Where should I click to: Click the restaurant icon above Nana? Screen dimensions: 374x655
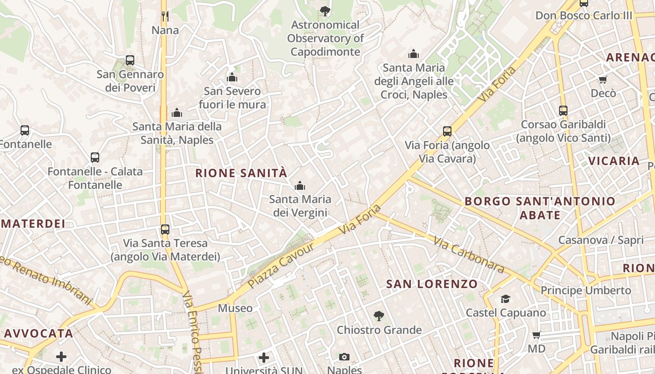[x=165, y=16]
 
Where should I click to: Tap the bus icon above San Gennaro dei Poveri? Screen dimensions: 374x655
[x=130, y=60]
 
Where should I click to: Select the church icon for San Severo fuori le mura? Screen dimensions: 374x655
[x=232, y=77]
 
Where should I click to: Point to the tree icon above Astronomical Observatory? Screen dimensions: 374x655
[x=325, y=11]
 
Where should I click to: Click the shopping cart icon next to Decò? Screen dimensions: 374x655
[x=603, y=79]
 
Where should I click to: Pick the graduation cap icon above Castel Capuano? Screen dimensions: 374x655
[x=505, y=299]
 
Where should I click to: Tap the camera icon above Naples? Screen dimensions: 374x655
[x=344, y=357]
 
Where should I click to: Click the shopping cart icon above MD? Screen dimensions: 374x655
[x=537, y=335]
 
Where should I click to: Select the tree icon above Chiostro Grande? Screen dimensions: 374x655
[x=379, y=316]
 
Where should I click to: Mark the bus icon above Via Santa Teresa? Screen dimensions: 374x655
[x=165, y=230]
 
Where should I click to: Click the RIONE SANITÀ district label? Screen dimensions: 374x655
[x=240, y=173]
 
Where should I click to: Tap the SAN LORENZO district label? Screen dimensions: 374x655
[x=432, y=284]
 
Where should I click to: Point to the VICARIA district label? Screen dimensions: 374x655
[x=613, y=161]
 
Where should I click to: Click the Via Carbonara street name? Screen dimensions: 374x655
[x=468, y=255]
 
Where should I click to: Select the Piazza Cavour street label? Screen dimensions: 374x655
[x=281, y=265]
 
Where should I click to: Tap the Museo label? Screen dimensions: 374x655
[x=235, y=308]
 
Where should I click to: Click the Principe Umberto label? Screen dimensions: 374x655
[x=586, y=290]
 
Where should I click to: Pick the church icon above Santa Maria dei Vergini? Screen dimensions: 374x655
[x=300, y=186]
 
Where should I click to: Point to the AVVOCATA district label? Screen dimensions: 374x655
[x=39, y=333]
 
